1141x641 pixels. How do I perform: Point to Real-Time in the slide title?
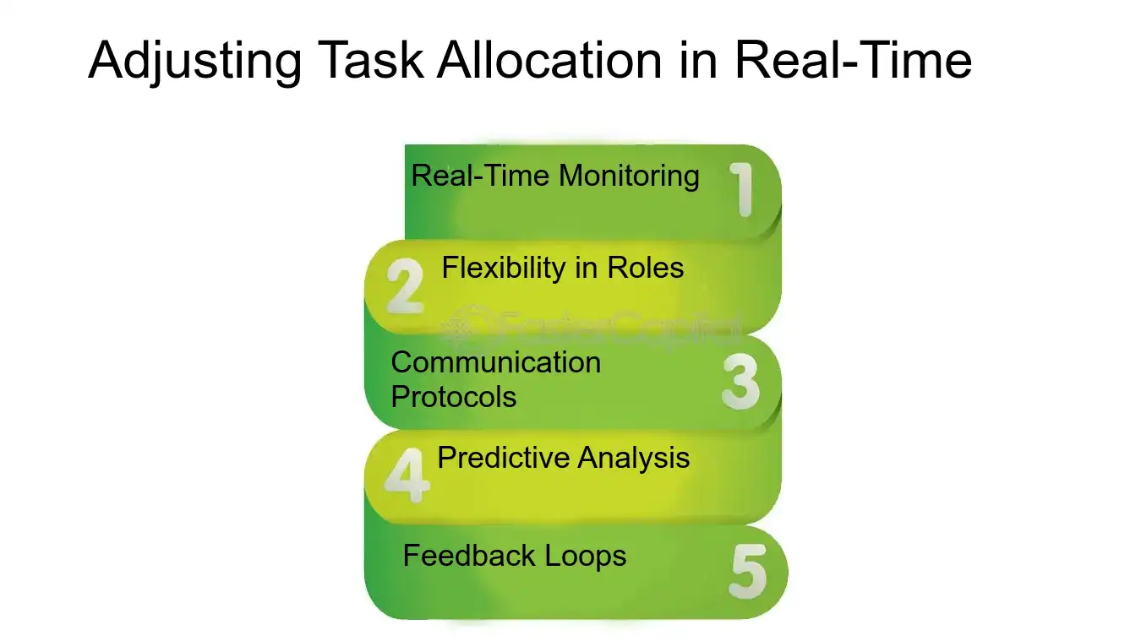click(853, 61)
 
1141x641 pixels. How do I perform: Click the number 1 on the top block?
click(742, 189)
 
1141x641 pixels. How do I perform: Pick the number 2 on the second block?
click(404, 286)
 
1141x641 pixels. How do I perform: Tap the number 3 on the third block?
click(741, 382)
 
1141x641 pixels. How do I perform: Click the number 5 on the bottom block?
click(747, 572)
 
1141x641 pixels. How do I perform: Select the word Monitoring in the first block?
click(630, 176)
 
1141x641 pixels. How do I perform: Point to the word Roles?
click(644, 269)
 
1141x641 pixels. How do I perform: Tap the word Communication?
click(496, 362)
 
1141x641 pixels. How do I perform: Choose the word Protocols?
click(454, 396)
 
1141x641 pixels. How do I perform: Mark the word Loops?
click(585, 556)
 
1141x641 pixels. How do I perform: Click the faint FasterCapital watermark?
click(592, 325)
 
